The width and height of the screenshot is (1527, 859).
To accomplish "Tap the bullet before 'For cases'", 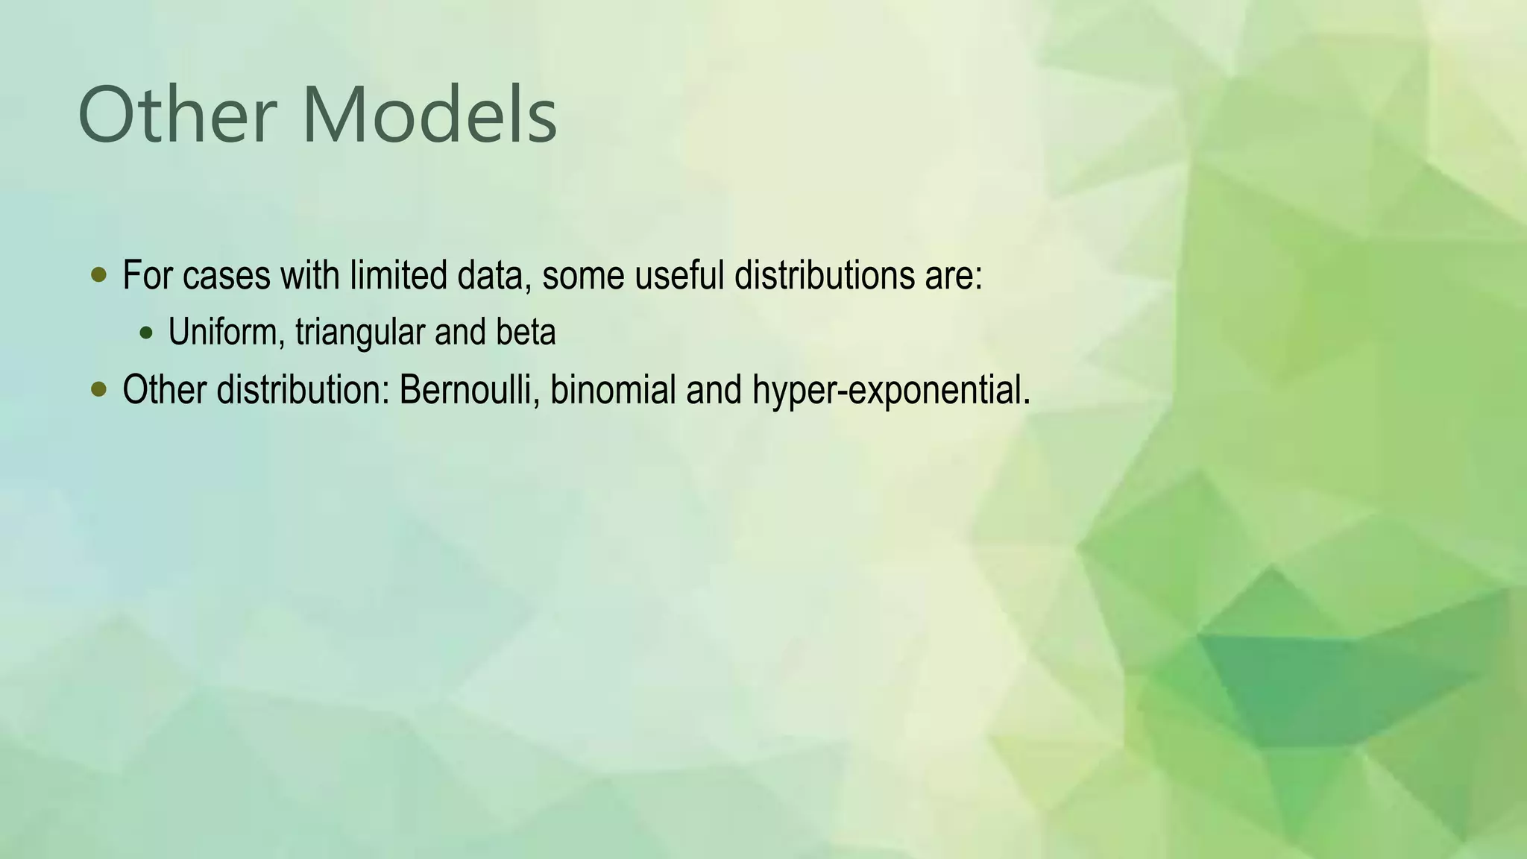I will click(x=98, y=275).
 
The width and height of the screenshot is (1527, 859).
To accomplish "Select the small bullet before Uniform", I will click(x=145, y=333).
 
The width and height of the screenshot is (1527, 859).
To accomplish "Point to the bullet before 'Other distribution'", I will click(x=98, y=389).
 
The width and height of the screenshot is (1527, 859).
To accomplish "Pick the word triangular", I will click(x=360, y=333).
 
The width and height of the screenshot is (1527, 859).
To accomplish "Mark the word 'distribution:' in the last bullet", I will click(x=303, y=389).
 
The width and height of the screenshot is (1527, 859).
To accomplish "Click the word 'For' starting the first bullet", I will click(x=148, y=275).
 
